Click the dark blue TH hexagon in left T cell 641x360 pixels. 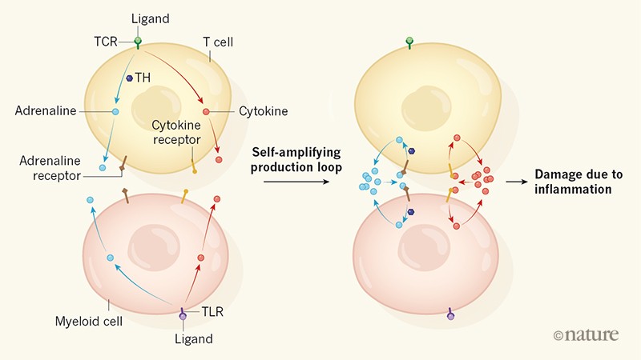tap(130, 78)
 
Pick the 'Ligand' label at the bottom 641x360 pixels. tap(196, 338)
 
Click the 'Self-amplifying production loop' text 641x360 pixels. tap(296, 158)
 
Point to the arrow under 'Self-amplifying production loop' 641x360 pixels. tap(296, 182)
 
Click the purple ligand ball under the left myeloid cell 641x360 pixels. tap(183, 318)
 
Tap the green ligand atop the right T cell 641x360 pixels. tap(409, 41)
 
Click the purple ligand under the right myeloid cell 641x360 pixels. tap(450, 316)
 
